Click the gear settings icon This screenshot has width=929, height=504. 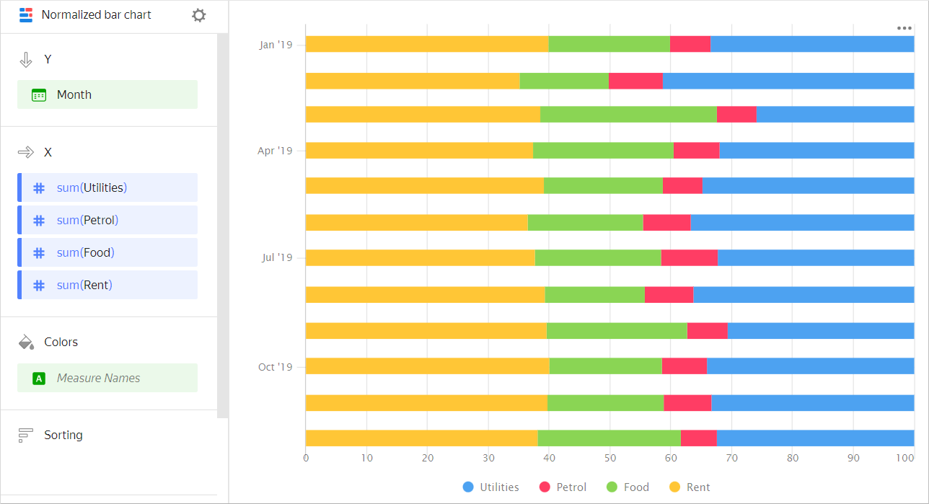(x=199, y=15)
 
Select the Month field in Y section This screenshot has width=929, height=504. (x=107, y=94)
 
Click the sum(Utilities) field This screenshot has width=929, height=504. (x=107, y=187)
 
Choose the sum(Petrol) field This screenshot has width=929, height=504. (x=107, y=220)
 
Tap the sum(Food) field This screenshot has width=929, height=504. (x=107, y=252)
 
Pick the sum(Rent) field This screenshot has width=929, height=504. (x=107, y=285)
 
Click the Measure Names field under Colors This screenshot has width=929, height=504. (x=107, y=378)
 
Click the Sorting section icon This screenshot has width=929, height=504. (x=26, y=435)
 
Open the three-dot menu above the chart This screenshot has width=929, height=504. (x=904, y=28)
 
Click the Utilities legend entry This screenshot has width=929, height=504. (x=491, y=487)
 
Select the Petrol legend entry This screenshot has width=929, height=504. (x=563, y=487)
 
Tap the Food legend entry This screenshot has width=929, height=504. (x=627, y=487)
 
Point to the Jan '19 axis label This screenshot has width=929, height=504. (x=276, y=45)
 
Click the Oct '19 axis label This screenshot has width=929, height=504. (x=276, y=367)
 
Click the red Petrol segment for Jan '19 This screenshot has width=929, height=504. (x=690, y=44)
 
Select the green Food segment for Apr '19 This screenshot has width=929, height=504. (x=603, y=150)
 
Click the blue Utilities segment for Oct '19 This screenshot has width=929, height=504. (x=810, y=366)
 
